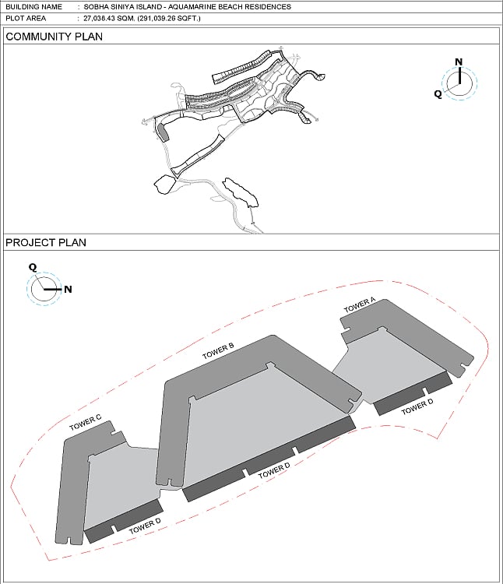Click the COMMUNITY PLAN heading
pos(54,37)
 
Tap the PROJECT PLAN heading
pos(46,242)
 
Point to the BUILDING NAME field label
pos(34,7)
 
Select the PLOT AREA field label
pos(26,18)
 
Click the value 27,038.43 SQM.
pos(110,18)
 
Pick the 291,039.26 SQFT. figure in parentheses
pos(169,18)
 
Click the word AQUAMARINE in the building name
pos(189,7)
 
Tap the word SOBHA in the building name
pos(93,7)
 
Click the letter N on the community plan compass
pos(459,62)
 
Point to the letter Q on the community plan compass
pos(438,94)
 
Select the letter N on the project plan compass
pos(68,289)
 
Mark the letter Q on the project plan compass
pos(33,267)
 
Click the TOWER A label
pos(360,305)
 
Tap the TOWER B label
pos(218,351)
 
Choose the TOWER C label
pos(85,423)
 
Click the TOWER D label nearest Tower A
pos(417,406)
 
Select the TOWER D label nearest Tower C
pos(145,526)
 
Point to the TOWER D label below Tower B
pos(274,470)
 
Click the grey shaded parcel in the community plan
pos(163,132)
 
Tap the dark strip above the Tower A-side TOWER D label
pos(413,393)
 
